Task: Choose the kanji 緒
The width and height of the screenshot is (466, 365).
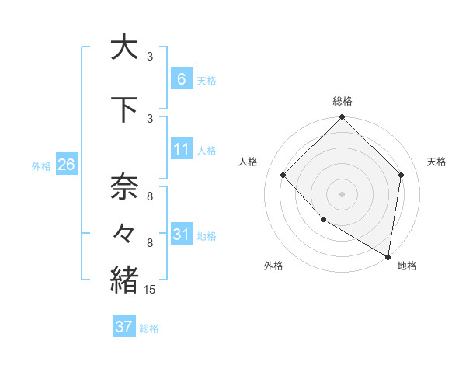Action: pos(124,279)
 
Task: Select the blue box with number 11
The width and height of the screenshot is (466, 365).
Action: pos(181,149)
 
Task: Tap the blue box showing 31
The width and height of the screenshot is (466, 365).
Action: pos(181,234)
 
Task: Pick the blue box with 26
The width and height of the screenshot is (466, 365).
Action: pos(66,165)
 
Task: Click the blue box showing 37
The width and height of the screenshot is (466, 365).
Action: pos(124,327)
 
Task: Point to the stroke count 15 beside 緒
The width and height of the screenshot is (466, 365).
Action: pos(150,290)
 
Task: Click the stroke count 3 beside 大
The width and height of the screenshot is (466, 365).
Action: pos(150,57)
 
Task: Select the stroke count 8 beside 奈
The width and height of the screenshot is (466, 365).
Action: pos(150,196)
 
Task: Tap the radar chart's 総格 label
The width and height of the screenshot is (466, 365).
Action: pos(342,101)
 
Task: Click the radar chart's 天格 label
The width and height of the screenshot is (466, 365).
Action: pos(436,162)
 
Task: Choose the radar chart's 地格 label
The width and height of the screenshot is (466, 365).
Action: pos(407,266)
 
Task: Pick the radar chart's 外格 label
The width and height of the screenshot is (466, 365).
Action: pos(273,266)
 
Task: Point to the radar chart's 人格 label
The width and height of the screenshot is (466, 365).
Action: pos(248,162)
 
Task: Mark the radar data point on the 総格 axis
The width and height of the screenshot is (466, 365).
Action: pos(342,118)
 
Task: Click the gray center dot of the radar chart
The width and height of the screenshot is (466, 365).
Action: pos(342,193)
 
